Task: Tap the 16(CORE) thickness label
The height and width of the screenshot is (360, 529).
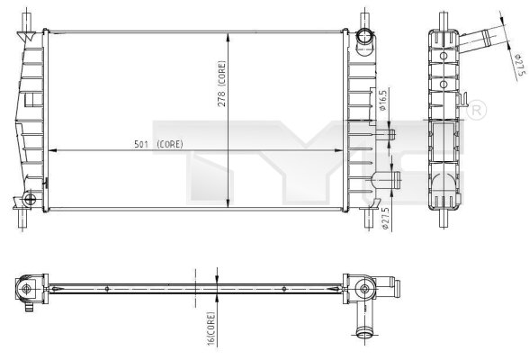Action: (x=211, y=328)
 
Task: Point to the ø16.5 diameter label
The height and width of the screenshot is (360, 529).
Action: (x=384, y=102)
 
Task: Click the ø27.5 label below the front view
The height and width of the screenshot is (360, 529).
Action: (x=384, y=216)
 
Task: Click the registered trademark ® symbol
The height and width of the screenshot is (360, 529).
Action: (x=478, y=110)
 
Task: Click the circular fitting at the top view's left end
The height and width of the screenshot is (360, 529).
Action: (x=26, y=290)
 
